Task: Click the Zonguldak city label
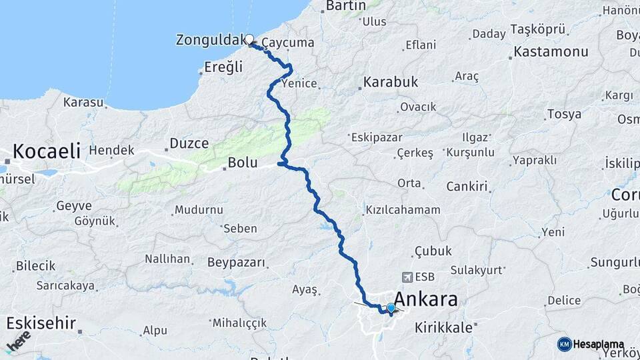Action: pos(209,40)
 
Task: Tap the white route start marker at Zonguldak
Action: pos(249,39)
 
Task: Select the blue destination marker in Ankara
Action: pos(391,307)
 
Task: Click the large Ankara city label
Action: pos(426,299)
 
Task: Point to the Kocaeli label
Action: pos(45,151)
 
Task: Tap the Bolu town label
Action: pos(242,162)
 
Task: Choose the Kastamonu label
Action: pos(551,51)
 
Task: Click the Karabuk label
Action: pos(391,82)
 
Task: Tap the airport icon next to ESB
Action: pos(407,276)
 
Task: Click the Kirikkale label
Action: pos(443,327)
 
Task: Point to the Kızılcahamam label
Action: pos(403,209)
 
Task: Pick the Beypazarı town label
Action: pos(237,262)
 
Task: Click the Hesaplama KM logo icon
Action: pos(564,344)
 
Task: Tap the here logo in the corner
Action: pos(18,340)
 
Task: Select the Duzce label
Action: pos(189,143)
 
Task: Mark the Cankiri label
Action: pos(467,187)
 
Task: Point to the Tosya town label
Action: pos(563,114)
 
